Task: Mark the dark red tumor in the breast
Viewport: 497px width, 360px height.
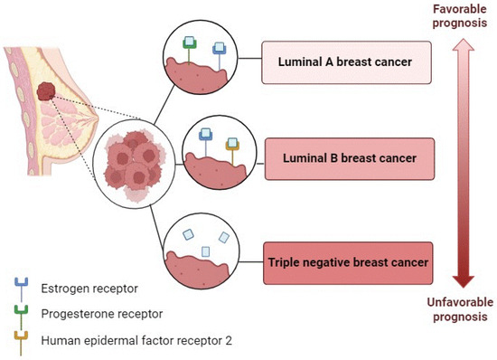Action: pyautogui.click(x=47, y=91)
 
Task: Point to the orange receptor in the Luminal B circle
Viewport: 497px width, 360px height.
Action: pyautogui.click(x=233, y=150)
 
